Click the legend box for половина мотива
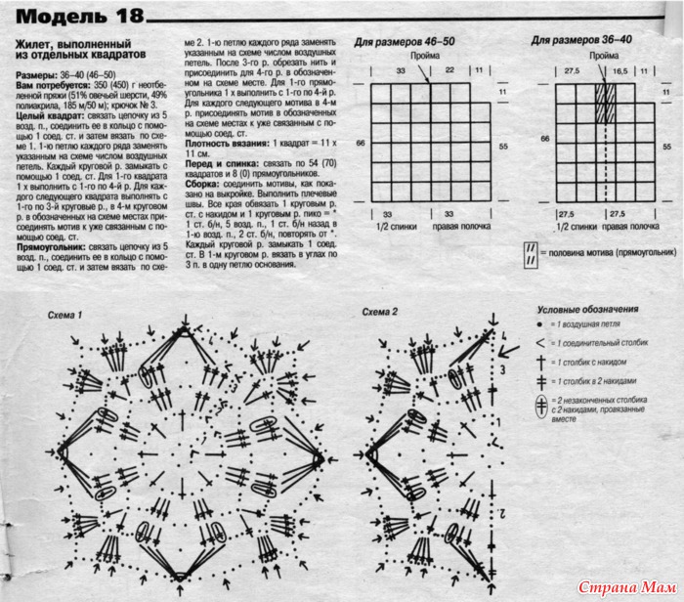click(532, 251)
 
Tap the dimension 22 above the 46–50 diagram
click(449, 71)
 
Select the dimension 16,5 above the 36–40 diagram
click(619, 71)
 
